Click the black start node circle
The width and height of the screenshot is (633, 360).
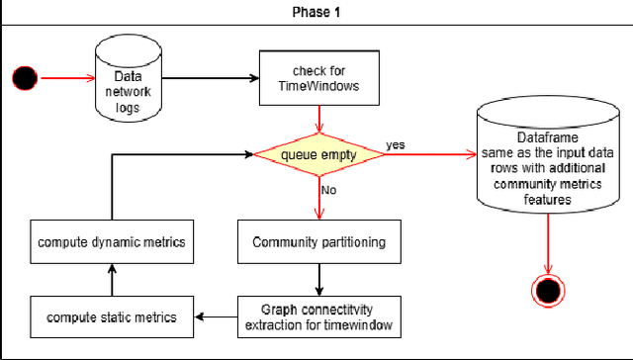tap(25, 76)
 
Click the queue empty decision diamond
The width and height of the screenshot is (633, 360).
tap(317, 154)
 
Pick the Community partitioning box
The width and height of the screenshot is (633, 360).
tap(317, 241)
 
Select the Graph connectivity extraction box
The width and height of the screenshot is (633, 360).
tap(317, 315)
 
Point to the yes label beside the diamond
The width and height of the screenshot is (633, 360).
tap(397, 144)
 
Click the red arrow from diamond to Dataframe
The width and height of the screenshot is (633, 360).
tap(425, 154)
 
